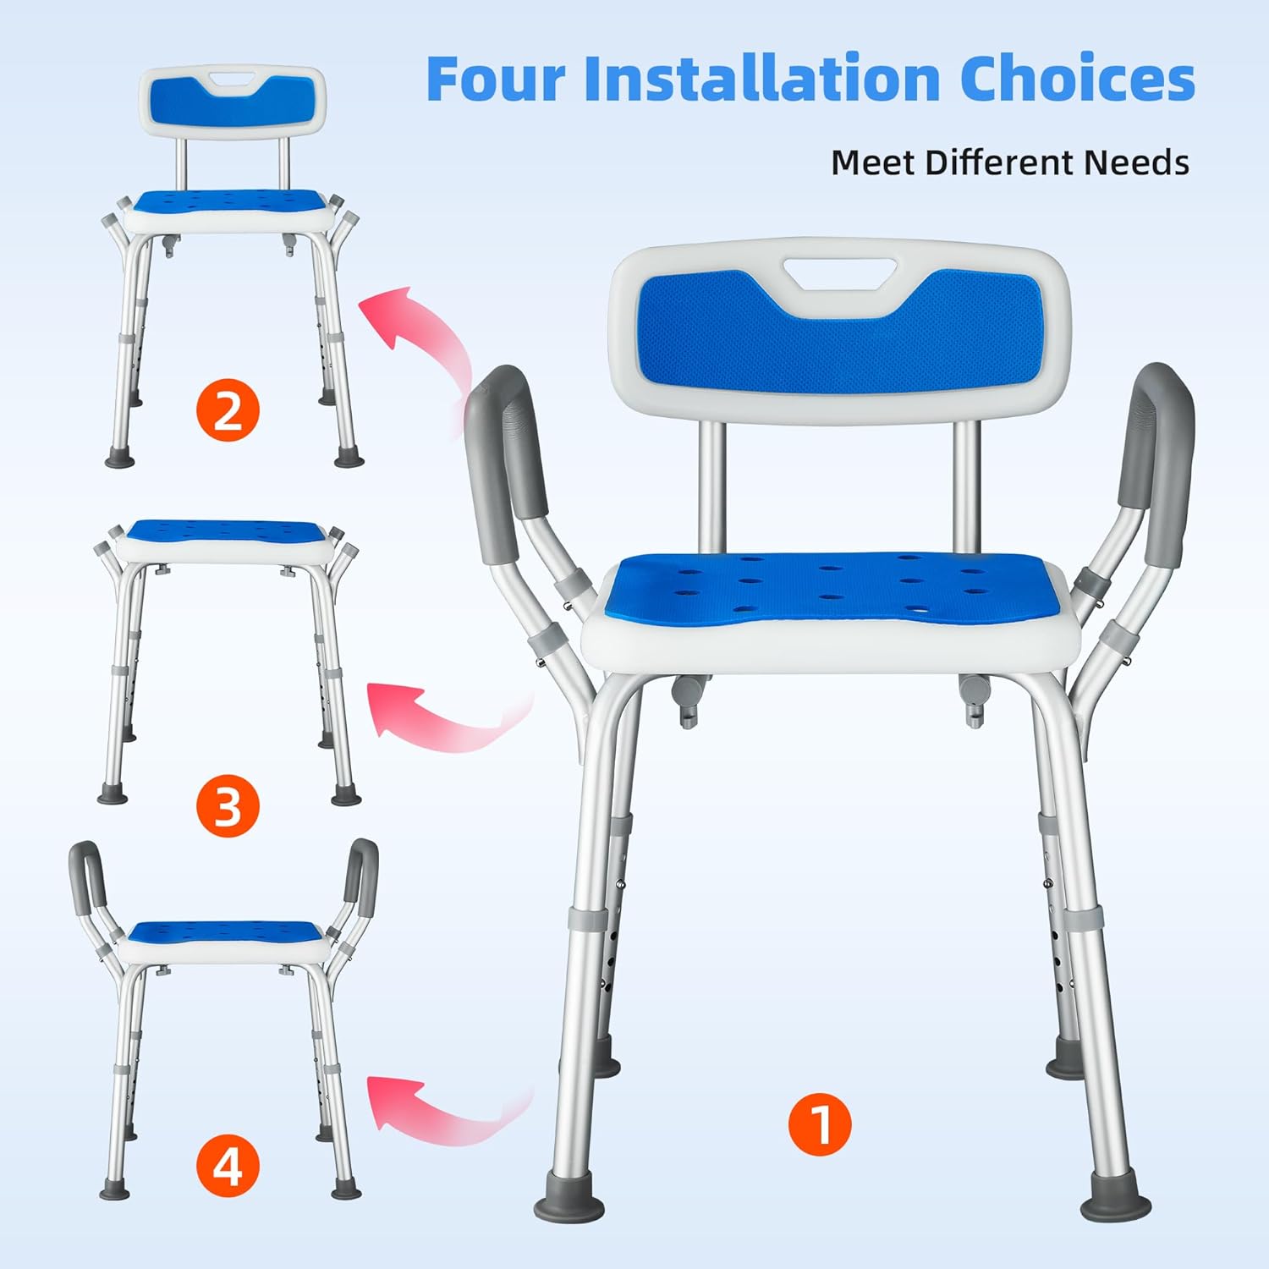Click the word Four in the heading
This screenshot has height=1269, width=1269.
point(496,78)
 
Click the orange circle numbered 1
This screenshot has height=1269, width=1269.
point(820,1124)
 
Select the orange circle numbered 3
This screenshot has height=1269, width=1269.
point(228,805)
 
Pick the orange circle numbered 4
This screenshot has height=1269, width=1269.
point(228,1167)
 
